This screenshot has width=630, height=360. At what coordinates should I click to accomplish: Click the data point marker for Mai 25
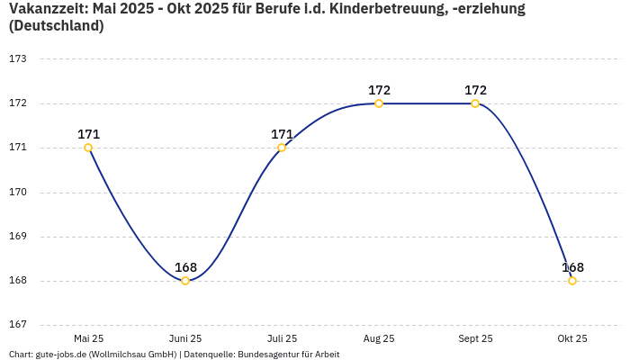coord(88,148)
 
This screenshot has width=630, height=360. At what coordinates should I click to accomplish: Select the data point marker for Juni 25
coord(185,281)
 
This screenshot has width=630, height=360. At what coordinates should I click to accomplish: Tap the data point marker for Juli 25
coord(282,148)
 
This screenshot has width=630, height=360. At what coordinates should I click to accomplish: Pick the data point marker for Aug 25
coord(379,103)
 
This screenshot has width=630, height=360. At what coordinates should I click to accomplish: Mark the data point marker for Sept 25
coord(475,103)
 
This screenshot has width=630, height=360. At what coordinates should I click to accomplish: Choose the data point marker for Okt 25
coord(572,281)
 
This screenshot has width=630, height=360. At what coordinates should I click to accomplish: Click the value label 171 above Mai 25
coord(88,134)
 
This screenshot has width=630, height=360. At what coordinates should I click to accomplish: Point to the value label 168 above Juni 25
coord(185,267)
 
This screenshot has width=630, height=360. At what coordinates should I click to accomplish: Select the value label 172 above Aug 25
coord(379,90)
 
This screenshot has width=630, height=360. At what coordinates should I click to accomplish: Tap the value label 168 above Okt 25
coord(572,267)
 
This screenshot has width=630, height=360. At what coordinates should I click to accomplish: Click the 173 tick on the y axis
coord(18,58)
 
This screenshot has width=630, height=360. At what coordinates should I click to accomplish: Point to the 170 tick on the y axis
coord(18,192)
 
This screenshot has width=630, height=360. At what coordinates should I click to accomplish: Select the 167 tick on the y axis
coord(18,325)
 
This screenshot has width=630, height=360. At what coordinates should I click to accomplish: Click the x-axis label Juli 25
coord(282,338)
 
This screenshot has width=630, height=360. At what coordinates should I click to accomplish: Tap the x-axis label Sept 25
coord(475,338)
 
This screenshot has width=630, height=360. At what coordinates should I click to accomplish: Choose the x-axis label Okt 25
coord(572,338)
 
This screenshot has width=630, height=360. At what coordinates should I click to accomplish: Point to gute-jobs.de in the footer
coord(60,355)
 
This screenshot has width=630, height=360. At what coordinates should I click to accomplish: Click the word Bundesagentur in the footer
coord(265,355)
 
